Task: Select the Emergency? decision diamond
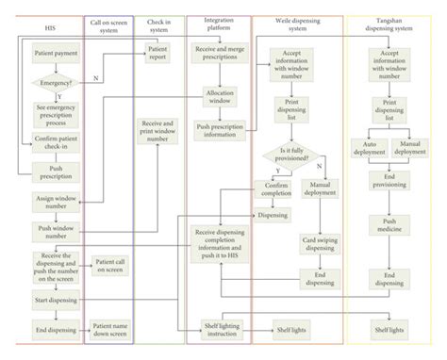pos(55,84)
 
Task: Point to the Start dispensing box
pos(55,301)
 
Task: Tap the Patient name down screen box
pos(109,328)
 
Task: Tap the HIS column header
pos(49,28)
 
